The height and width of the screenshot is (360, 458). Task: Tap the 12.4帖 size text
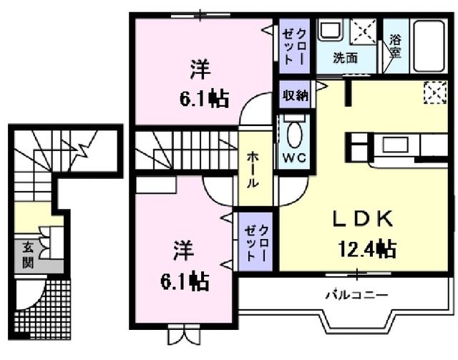(x=367, y=249)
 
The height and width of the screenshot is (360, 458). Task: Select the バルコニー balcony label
(x=356, y=294)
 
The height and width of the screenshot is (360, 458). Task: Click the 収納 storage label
(x=295, y=96)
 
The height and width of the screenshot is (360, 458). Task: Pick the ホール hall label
(x=253, y=170)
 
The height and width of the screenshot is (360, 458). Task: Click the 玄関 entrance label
(x=27, y=253)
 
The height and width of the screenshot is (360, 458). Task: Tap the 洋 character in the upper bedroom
(x=200, y=70)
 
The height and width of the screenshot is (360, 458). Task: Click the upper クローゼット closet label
(x=293, y=46)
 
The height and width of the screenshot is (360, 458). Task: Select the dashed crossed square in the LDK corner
(x=434, y=92)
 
